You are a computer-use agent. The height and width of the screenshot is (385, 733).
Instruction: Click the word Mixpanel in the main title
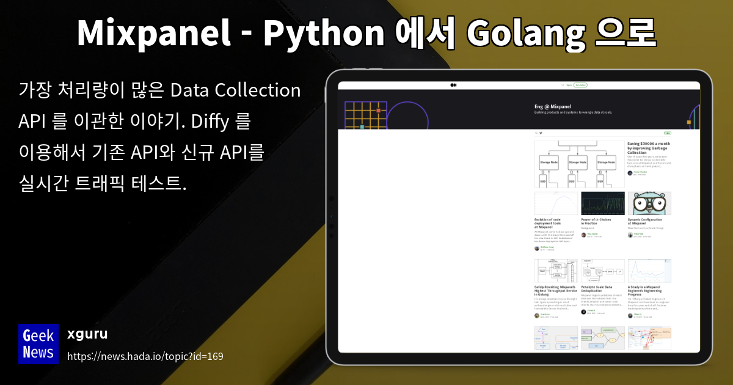[153, 33]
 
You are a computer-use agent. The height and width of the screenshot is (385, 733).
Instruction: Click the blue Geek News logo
[38, 343]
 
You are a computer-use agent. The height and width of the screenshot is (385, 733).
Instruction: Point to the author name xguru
[87, 334]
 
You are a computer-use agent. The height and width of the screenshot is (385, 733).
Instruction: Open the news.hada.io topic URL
[145, 356]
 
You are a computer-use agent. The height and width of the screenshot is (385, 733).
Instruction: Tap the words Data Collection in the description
[235, 90]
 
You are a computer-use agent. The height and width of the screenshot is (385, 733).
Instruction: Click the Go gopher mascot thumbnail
[649, 204]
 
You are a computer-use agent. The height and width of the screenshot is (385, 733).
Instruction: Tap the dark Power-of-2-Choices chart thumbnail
[603, 204]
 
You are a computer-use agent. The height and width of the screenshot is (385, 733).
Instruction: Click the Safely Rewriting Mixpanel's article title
[556, 290]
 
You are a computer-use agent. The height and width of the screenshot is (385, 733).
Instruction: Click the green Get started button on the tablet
[581, 85]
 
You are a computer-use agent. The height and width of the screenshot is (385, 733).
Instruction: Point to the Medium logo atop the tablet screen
[453, 85]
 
